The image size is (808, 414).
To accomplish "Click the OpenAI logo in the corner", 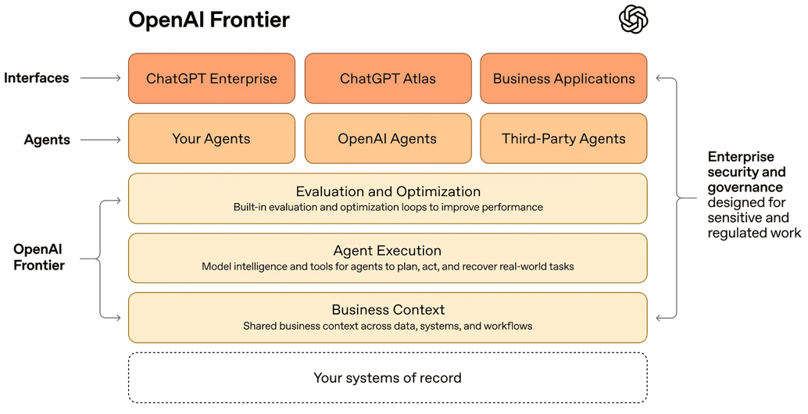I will click(x=634, y=19).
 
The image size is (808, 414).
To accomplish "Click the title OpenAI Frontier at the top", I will click(x=209, y=20).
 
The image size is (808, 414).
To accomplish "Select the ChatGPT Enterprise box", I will click(x=212, y=78).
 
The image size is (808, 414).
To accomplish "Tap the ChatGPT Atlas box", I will click(x=388, y=78).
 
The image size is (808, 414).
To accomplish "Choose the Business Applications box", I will click(x=563, y=78).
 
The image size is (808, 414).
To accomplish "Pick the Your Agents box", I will click(x=212, y=138).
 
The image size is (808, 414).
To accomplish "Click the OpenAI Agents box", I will click(x=388, y=138).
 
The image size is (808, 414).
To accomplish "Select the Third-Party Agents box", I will click(x=563, y=138).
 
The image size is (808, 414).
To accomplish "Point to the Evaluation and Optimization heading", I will click(x=388, y=191).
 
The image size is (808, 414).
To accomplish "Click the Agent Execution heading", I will click(x=388, y=251).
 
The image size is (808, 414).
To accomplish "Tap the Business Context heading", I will click(x=388, y=310).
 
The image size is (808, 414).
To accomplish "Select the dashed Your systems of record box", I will click(x=388, y=378).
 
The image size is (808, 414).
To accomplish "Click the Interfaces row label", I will click(x=37, y=78).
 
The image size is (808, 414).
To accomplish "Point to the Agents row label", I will click(x=47, y=140).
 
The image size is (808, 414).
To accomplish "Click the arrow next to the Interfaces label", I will click(x=101, y=78).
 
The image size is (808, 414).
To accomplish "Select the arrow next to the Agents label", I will click(x=101, y=140).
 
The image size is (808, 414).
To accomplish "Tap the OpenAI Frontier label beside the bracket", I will click(x=38, y=257).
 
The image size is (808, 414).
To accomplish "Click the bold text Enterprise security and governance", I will click(x=745, y=172).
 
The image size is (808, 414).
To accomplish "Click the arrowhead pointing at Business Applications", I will click(x=660, y=78).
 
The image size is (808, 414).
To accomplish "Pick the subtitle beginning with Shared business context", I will click(x=388, y=326).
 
